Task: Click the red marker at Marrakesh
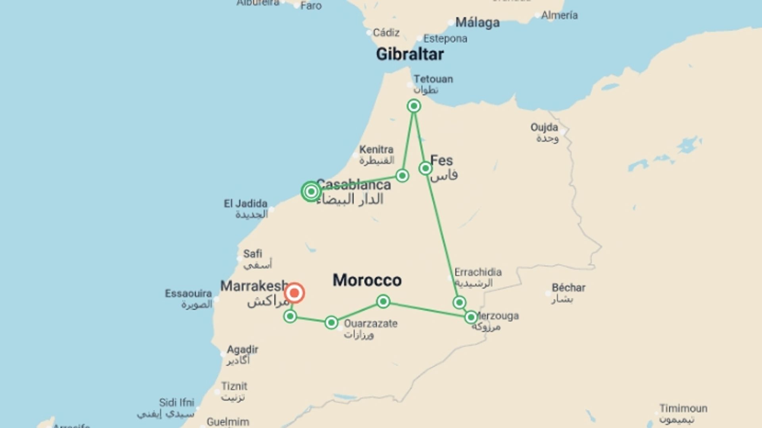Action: pos(294,293)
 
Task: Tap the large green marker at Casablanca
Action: pos(311,191)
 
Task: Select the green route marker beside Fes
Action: pos(425,168)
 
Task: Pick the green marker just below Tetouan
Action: pos(414,106)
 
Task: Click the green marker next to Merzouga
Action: pos(471,317)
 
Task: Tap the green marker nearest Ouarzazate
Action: pos(331,323)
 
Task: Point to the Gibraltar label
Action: pos(410,54)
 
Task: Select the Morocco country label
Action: pos(367,280)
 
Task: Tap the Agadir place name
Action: pos(242,350)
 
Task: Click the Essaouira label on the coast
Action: pos(188,294)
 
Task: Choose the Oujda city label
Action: pos(544,128)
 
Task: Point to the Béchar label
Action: pos(568,288)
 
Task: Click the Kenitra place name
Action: pos(376,150)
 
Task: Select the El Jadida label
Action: pos(245,204)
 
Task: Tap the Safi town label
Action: pos(252,254)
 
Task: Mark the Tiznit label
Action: pos(234,386)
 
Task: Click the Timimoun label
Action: pos(683,408)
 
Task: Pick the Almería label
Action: pos(559,15)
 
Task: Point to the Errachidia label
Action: pos(478,272)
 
